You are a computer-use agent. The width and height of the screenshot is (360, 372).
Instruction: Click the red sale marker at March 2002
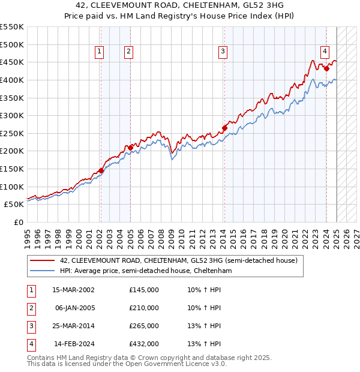tap(101, 170)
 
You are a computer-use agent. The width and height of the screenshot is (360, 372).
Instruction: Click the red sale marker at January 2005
tap(130, 147)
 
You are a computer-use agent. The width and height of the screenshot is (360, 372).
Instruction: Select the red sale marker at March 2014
tap(224, 127)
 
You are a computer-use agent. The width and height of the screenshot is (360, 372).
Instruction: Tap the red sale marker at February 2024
tap(326, 68)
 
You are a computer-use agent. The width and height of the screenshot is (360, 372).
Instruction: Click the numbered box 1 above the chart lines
tap(99, 52)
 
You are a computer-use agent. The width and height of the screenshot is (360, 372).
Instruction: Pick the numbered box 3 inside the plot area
tap(223, 52)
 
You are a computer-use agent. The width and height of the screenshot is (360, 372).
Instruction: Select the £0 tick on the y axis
tap(18, 222)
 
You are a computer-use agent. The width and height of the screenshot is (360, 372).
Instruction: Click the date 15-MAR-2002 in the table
tap(73, 290)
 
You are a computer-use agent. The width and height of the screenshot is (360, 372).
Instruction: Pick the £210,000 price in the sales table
tap(143, 308)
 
